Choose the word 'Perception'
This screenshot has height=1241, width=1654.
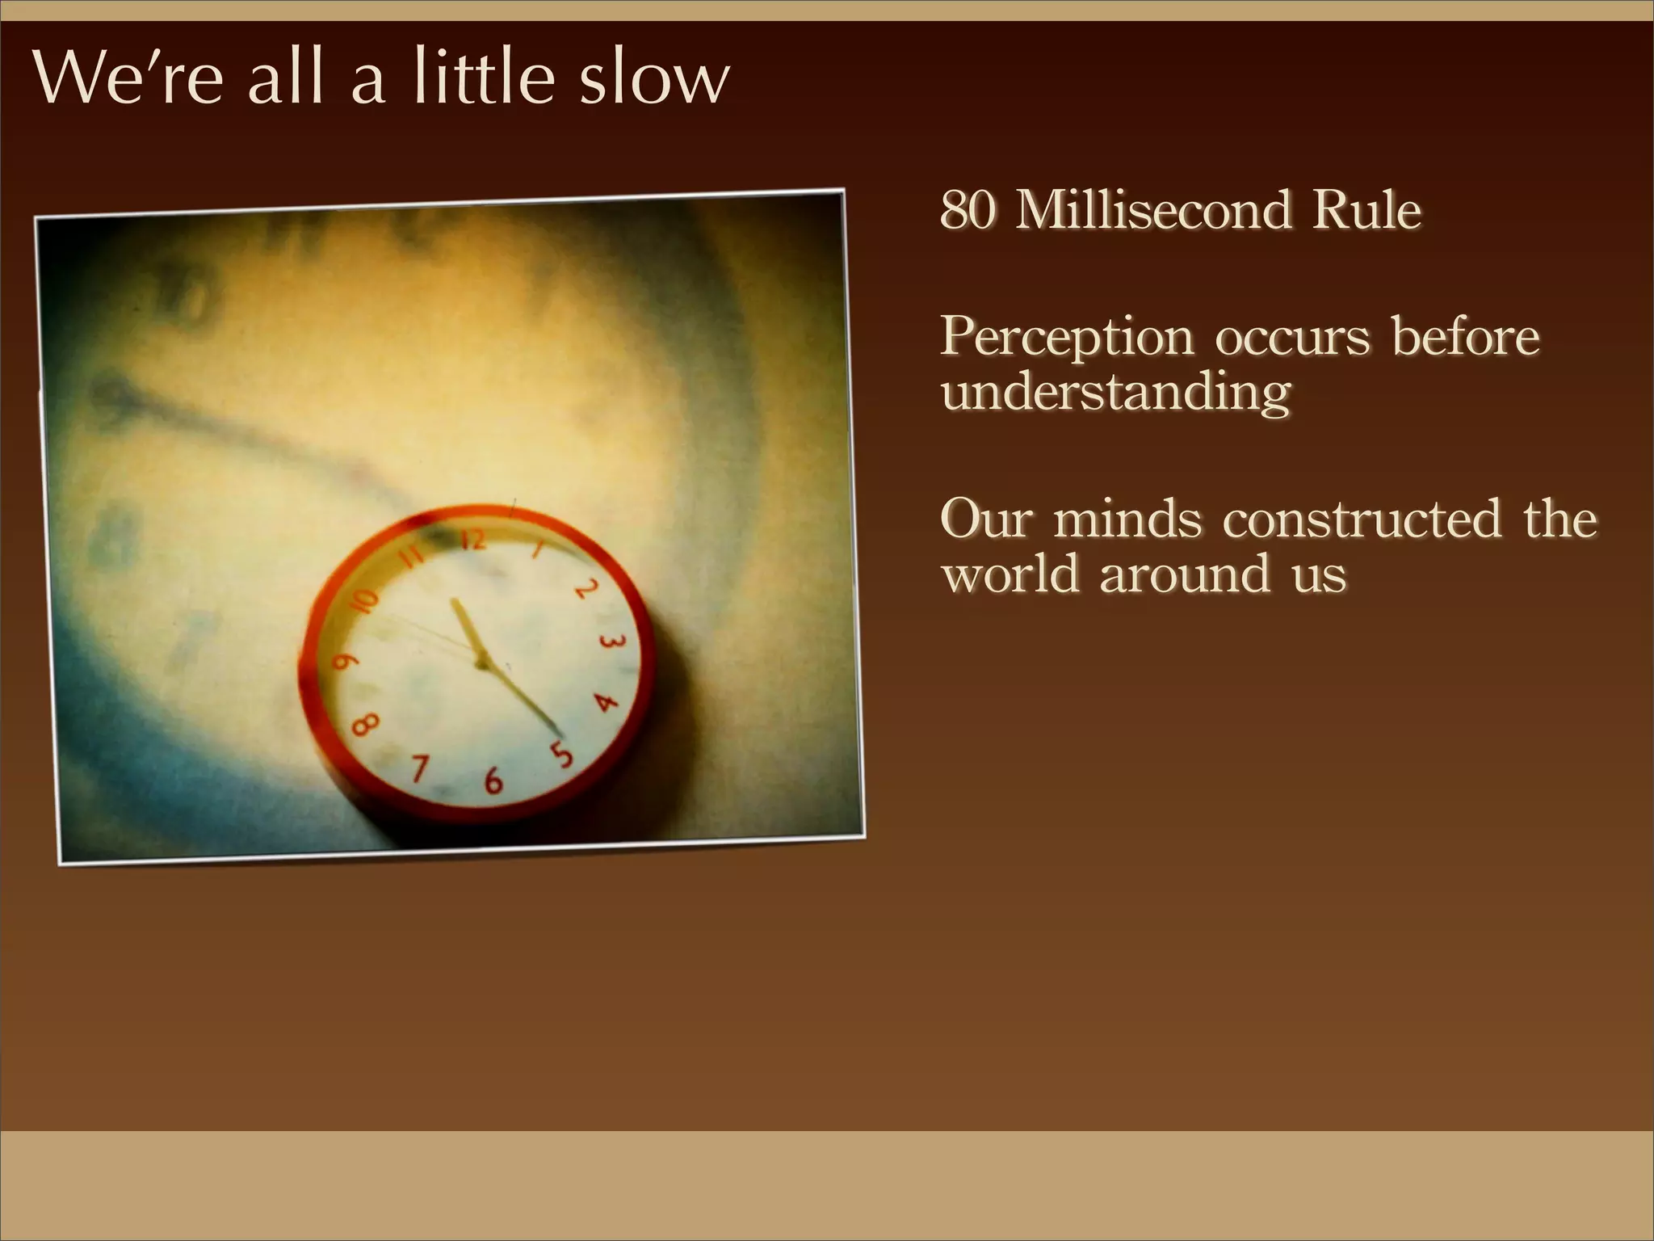(x=1066, y=338)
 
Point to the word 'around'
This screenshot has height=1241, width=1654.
(x=1184, y=574)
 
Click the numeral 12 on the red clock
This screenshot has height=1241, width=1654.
(x=474, y=540)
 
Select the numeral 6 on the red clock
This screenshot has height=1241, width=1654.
(x=493, y=780)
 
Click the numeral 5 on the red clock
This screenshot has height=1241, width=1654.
(x=561, y=753)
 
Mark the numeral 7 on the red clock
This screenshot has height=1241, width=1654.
(x=419, y=768)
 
